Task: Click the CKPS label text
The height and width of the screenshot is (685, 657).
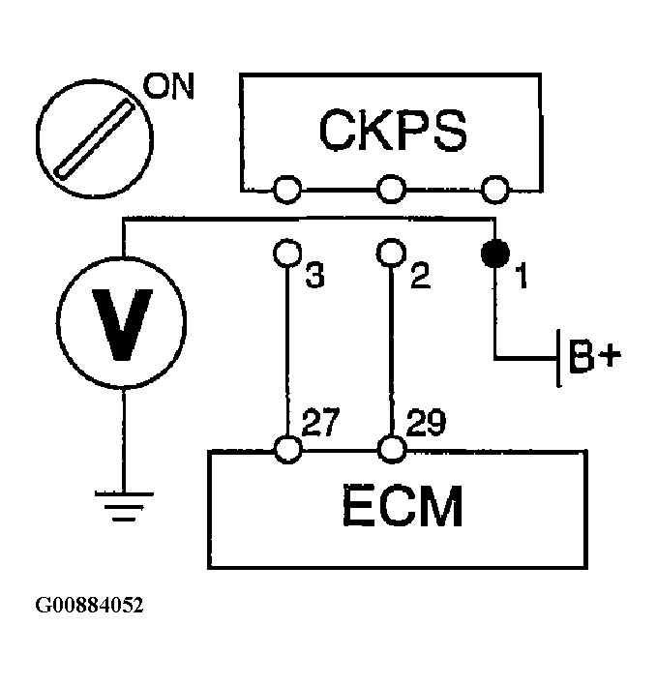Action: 393,130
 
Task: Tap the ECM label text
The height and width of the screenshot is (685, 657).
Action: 403,506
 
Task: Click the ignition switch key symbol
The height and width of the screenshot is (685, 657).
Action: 95,139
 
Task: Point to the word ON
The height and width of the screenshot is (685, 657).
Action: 168,86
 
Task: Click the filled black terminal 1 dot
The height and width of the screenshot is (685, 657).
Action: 495,253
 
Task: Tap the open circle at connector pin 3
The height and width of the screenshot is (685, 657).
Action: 287,253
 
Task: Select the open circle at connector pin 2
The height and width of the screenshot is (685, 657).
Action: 391,253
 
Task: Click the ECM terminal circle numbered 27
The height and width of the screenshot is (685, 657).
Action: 288,450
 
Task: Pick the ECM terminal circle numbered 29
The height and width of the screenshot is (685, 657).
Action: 392,450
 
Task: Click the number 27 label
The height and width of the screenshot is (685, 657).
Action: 320,422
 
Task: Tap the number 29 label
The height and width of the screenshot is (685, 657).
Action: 426,423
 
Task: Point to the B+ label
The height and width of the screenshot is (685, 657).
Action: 594,356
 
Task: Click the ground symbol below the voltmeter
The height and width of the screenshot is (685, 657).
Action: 124,507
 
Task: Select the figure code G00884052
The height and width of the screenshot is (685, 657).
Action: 89,606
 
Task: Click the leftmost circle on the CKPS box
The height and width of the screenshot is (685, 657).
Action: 287,190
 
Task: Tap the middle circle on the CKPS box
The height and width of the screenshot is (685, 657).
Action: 391,190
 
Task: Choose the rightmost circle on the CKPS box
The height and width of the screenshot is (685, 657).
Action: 495,190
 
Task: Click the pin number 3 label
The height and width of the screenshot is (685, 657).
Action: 315,276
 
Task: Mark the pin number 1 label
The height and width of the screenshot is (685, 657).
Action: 522,276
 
